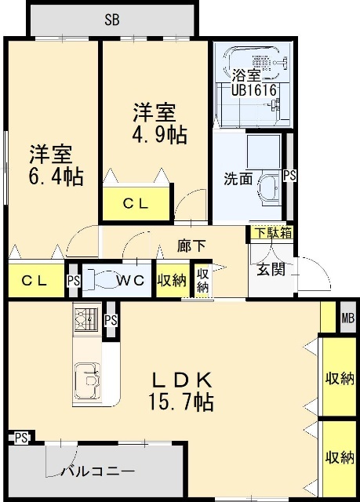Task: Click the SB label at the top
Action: (111, 20)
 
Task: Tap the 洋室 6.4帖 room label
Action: (55, 165)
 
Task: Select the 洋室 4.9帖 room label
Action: (158, 122)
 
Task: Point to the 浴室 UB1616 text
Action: (254, 82)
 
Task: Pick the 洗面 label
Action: (238, 178)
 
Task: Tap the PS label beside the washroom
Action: (290, 176)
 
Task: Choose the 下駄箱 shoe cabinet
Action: (273, 233)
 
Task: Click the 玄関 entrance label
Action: (271, 269)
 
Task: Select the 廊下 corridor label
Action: (191, 246)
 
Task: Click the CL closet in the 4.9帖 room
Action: (136, 203)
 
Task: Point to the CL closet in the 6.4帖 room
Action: (35, 280)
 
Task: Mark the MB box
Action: (347, 318)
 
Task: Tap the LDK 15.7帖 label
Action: (181, 391)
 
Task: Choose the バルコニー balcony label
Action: (98, 471)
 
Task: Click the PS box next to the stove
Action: (111, 320)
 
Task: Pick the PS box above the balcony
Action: (21, 438)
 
